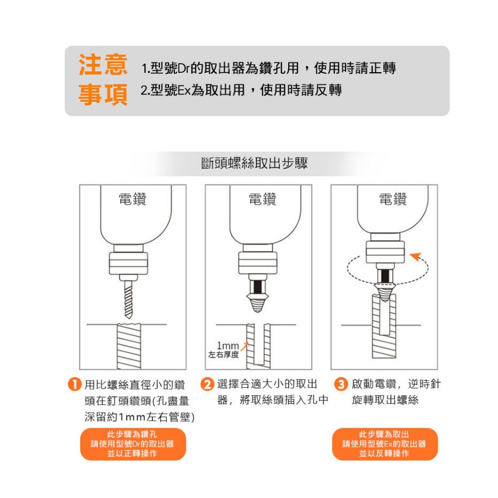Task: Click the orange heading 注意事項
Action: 103,80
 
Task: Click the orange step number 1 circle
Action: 74,385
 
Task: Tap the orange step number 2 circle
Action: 207,385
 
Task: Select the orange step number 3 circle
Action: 341,385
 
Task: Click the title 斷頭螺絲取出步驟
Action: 254,163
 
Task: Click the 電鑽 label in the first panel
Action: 132,199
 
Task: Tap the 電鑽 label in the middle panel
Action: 262,199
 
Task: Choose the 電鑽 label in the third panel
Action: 393,199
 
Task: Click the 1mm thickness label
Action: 223,350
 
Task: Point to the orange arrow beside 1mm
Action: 244,347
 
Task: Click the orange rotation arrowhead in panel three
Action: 415,256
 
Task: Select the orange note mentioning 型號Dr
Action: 133,444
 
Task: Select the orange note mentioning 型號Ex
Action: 385,444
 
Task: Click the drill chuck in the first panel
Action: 128,263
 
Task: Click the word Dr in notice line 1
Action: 183,69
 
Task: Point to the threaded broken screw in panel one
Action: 129,346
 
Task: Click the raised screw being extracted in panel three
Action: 385,326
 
